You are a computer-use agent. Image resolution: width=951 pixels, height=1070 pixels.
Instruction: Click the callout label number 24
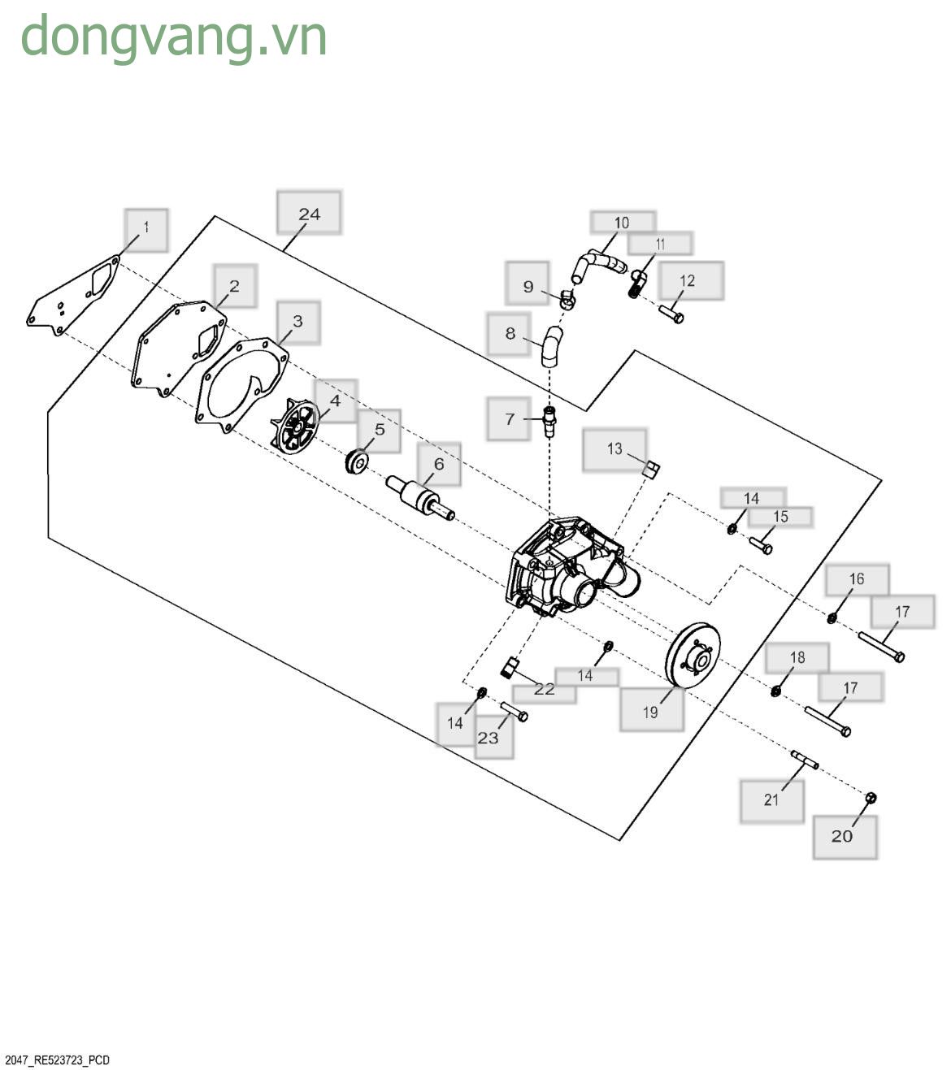[309, 214]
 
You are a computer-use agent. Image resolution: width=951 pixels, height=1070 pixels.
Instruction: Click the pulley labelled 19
[693, 655]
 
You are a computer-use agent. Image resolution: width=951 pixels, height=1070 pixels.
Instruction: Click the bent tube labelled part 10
[597, 264]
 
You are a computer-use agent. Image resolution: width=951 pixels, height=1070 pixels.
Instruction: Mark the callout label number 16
[858, 579]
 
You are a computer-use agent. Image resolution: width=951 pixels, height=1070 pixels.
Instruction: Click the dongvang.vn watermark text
[174, 37]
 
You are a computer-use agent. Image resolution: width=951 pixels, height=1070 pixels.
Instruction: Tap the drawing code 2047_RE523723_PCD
[57, 1060]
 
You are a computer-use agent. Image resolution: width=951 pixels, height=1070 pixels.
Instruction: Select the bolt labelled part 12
[671, 314]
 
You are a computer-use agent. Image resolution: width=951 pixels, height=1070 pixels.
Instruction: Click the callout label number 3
[297, 322]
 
